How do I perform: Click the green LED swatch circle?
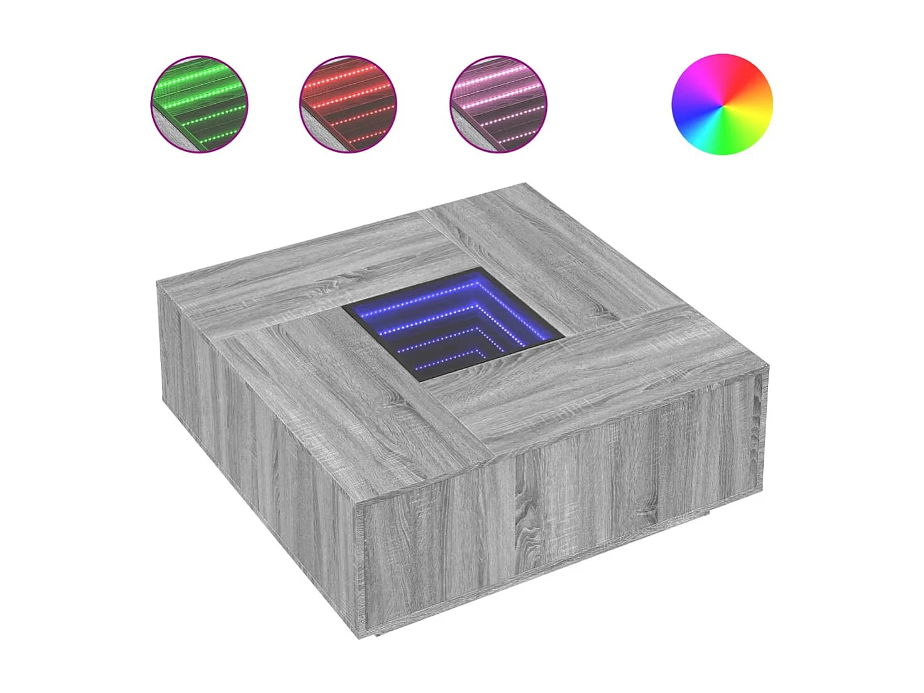coord(199,104)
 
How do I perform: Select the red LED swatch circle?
coord(348,104)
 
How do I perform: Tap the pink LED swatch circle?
coord(498,104)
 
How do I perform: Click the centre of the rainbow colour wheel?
coord(722,104)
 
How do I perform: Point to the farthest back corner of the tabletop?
coord(525,184)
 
